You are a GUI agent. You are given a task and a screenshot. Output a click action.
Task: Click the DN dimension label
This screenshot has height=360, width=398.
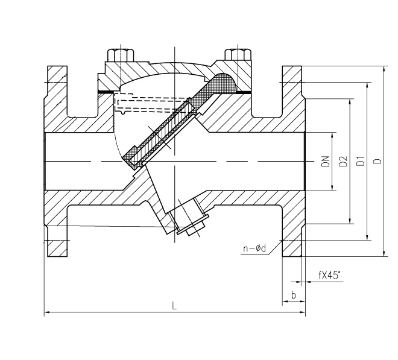pos(326,161)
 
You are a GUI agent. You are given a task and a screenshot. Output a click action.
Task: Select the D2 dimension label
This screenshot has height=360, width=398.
pos(343,161)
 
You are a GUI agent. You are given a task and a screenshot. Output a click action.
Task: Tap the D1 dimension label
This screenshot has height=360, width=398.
pos(361,161)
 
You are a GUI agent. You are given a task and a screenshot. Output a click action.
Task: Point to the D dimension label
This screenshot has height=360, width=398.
pos(378,161)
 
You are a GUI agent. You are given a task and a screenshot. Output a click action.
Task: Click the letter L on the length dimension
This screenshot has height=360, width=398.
pos(174,306)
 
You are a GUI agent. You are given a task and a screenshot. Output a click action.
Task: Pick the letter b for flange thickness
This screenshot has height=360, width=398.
pos(294,295)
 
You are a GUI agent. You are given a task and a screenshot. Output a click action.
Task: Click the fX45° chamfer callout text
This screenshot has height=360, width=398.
pos(329,275)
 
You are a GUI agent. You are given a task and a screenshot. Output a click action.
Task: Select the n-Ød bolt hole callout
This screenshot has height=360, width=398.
pos(254,248)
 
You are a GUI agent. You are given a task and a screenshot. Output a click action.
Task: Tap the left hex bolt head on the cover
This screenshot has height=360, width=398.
pos(121,55)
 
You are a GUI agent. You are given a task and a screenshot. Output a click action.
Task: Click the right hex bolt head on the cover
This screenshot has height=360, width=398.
pos(238,55)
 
